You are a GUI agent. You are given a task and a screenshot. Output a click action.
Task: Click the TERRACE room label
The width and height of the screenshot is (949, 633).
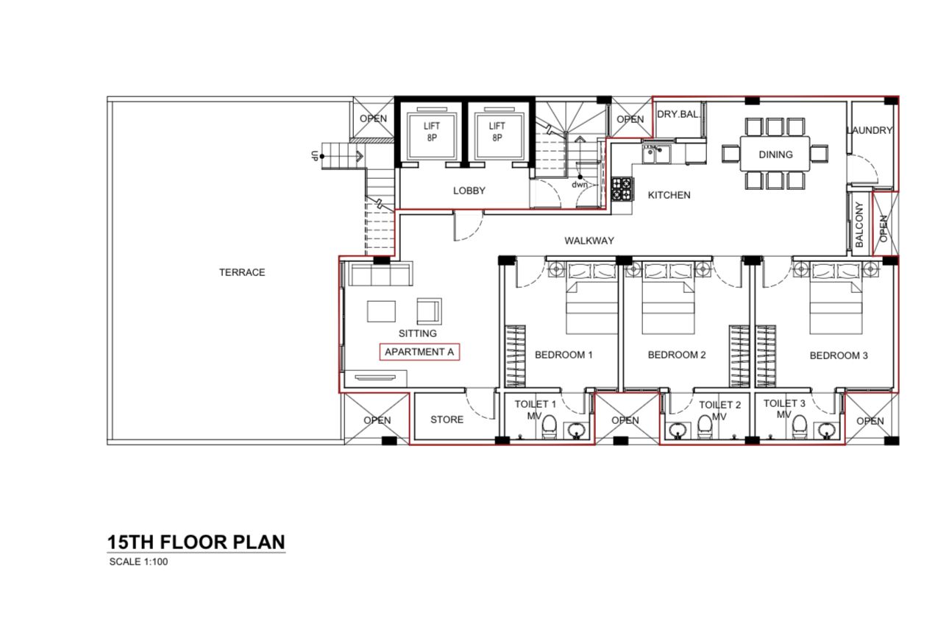click(241, 272)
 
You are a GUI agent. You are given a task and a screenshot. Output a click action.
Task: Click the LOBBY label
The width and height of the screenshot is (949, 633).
click(469, 191)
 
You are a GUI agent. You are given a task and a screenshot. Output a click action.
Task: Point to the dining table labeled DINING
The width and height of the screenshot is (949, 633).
click(775, 154)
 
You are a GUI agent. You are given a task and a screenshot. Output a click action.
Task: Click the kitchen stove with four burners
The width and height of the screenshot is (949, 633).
click(621, 189)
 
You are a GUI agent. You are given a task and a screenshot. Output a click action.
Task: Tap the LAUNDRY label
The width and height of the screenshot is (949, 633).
click(870, 130)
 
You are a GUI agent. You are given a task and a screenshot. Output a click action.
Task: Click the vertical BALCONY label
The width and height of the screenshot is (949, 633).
click(859, 224)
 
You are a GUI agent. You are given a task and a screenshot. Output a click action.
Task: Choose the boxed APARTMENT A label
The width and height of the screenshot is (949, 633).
click(419, 352)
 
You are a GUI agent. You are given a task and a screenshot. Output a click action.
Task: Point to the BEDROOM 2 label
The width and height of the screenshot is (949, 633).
click(677, 355)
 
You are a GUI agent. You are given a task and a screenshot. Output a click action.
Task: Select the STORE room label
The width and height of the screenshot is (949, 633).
click(447, 420)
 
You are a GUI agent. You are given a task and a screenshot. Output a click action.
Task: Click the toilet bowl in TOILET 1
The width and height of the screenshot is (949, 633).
click(549, 428)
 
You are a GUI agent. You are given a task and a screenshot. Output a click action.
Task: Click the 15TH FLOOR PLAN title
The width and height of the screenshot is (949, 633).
click(196, 542)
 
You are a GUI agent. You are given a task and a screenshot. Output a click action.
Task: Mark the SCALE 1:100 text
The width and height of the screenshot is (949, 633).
click(139, 562)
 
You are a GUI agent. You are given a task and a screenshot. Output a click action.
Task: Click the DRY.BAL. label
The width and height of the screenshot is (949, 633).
click(678, 114)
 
